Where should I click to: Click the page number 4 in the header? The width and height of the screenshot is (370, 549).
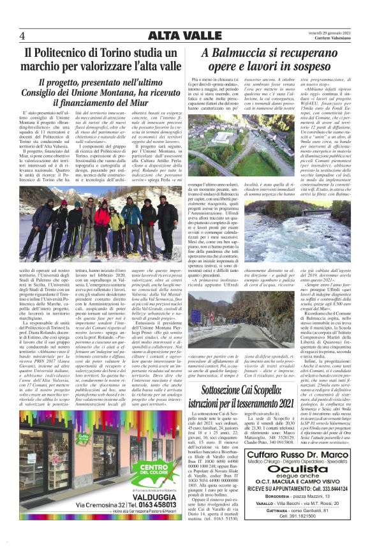[x=22, y=35]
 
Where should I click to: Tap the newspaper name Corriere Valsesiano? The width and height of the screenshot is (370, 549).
[x=332, y=39]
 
